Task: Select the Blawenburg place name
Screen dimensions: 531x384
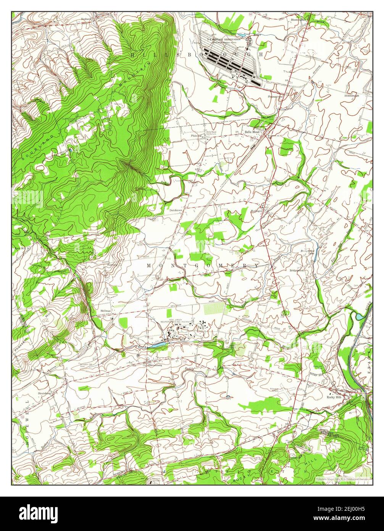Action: [155, 364]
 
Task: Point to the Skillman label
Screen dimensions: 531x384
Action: [106, 311]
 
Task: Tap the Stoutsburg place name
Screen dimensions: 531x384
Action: [45, 392]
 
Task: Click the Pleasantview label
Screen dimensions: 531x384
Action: [275, 97]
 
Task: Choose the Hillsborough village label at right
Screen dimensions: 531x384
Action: [352, 96]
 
